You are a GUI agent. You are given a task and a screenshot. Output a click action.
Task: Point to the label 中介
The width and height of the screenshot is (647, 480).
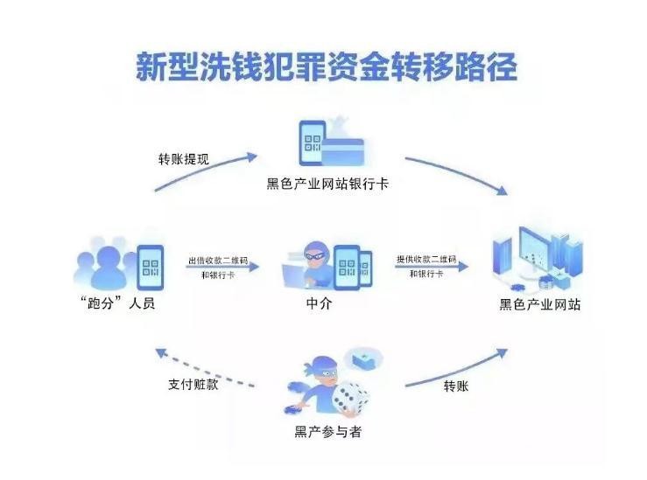pos(319,306)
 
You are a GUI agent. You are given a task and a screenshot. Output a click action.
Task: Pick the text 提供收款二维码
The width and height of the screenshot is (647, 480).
pos(426,260)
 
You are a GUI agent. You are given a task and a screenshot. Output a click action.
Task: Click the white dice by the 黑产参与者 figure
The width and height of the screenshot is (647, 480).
pos(350,398)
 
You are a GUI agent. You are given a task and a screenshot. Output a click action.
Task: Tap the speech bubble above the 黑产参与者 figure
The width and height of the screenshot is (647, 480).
pos(363,358)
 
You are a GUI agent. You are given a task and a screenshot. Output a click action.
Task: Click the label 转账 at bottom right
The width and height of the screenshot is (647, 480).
pos(456,385)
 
